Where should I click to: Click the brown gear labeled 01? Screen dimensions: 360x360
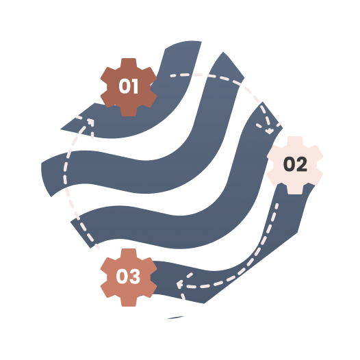coord(129,87)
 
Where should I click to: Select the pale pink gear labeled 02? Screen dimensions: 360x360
coord(295,166)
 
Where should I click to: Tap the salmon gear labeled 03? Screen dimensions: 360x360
coord(129,277)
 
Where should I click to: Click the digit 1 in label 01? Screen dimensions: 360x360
coord(135,86)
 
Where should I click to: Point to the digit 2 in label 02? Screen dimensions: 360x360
coord(301,164)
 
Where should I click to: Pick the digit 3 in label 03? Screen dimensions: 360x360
coord(135,277)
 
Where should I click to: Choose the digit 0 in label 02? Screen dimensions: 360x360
coord(289,164)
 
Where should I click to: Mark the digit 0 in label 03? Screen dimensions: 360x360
coord(122,277)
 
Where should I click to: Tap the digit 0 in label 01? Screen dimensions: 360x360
coord(124,86)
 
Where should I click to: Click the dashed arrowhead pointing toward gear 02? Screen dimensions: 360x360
coord(269,129)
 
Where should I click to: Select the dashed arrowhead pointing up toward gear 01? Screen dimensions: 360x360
coord(90,123)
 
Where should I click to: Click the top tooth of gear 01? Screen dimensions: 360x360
coord(129,62)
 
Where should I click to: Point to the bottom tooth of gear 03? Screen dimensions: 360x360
coord(129,302)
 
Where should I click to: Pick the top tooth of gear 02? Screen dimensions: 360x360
coord(295,140)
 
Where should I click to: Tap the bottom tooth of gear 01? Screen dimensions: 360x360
coord(129,112)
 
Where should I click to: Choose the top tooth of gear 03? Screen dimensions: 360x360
coord(129,253)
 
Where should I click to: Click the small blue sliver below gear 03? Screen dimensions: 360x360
coord(175,318)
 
